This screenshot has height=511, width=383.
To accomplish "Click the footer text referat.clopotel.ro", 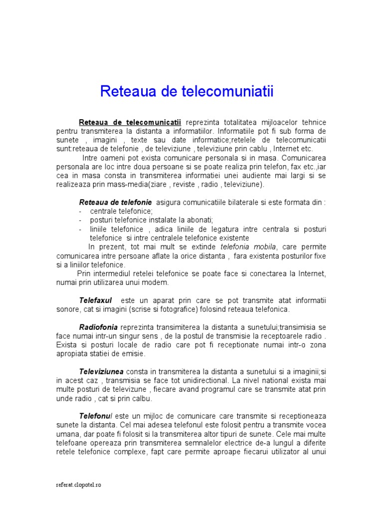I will click(78, 485).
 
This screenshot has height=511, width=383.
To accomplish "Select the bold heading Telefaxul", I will click(96, 301).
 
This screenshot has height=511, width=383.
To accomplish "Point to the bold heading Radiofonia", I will click(98, 327).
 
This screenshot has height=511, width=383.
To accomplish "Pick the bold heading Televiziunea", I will click(102, 372).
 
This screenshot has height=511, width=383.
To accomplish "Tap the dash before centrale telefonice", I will click(81, 212).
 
